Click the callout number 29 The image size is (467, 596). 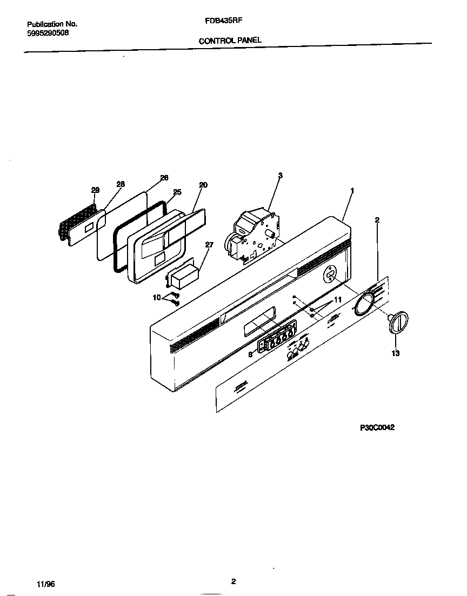pyautogui.click(x=95, y=190)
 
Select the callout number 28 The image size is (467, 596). pyautogui.click(x=120, y=184)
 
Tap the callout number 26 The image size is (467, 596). pyautogui.click(x=164, y=178)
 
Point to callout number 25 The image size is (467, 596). pyautogui.click(x=177, y=192)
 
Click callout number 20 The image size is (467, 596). pyautogui.click(x=203, y=185)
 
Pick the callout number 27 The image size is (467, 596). pyautogui.click(x=209, y=245)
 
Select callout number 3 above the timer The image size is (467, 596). pyautogui.click(x=280, y=175)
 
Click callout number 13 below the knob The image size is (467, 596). pyautogui.click(x=395, y=353)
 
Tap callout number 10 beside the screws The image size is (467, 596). pyautogui.click(x=157, y=297)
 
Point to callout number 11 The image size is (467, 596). pyautogui.click(x=338, y=299)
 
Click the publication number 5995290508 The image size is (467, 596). pyautogui.click(x=48, y=33)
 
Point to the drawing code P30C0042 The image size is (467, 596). pyautogui.click(x=378, y=427)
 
